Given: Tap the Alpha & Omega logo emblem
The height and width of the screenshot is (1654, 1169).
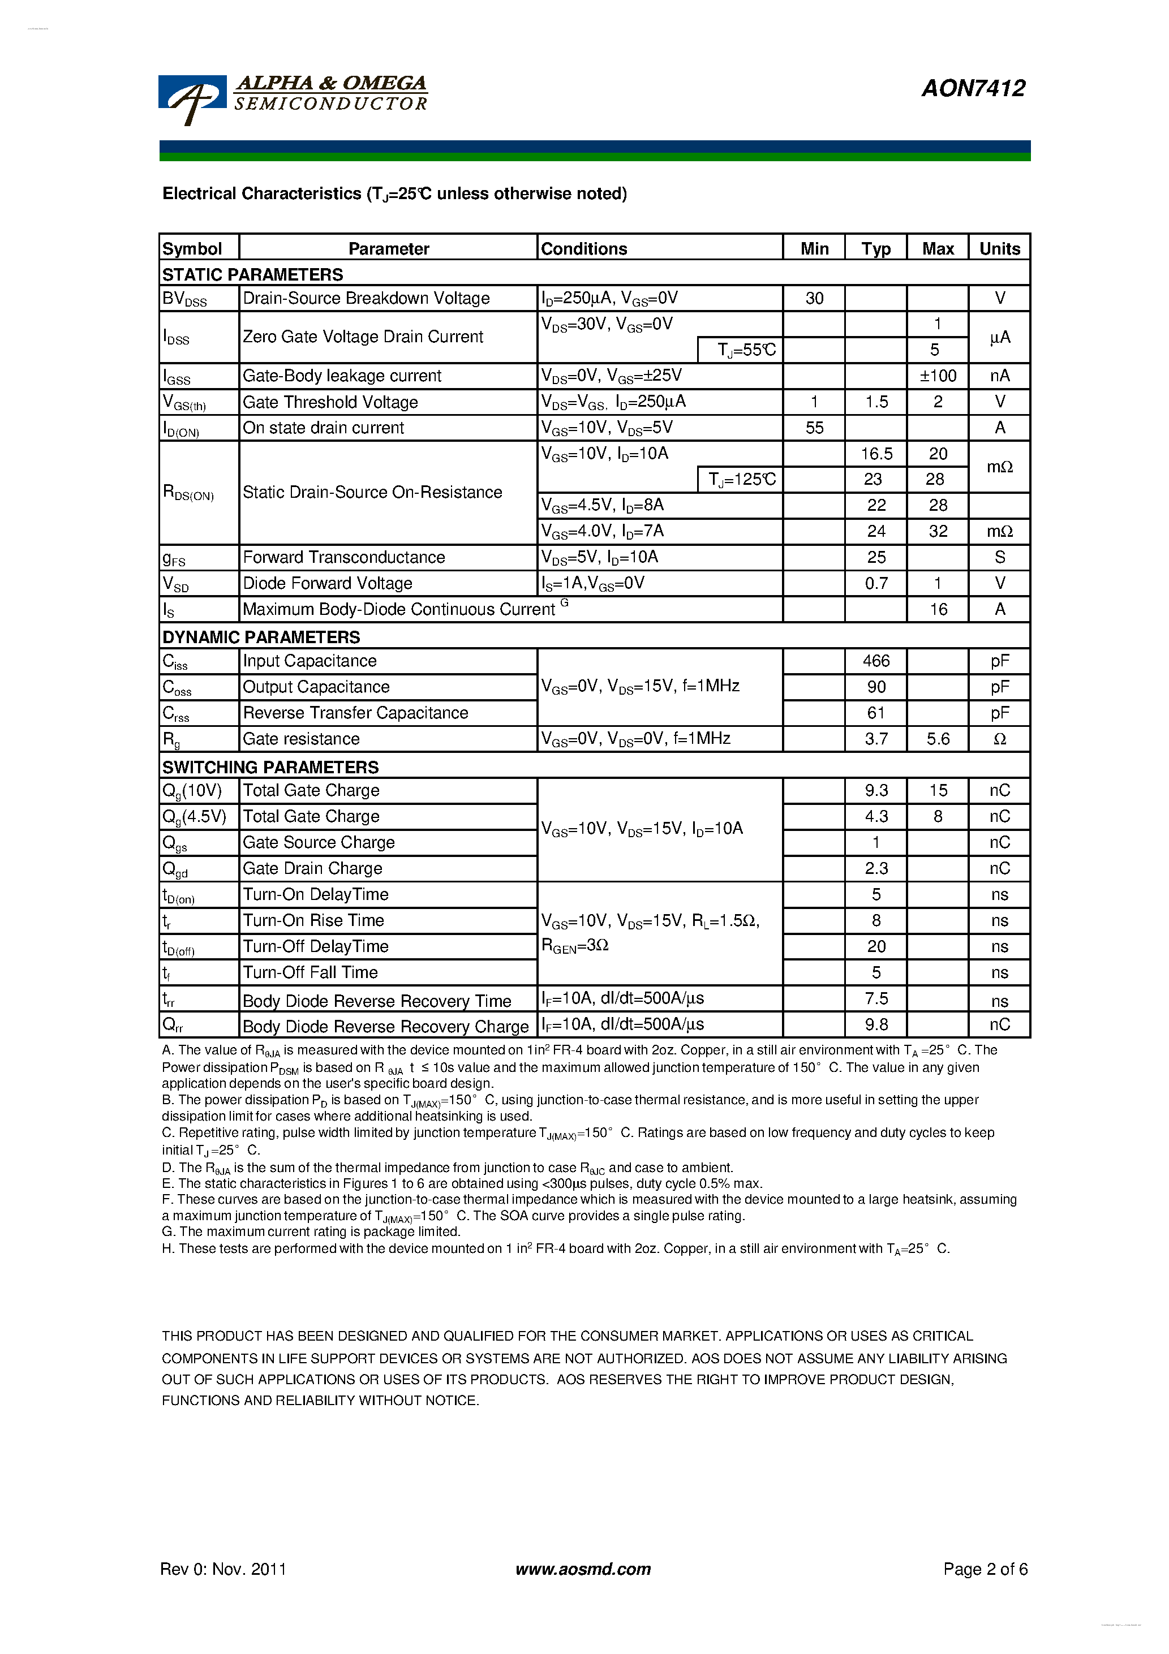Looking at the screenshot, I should pyautogui.click(x=192, y=98).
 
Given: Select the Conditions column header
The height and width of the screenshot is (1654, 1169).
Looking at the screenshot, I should pyautogui.click(x=584, y=248).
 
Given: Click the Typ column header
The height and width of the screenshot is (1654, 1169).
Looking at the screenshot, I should pyautogui.click(x=876, y=248).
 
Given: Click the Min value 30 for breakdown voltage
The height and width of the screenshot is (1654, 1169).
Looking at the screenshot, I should pyautogui.click(x=814, y=298).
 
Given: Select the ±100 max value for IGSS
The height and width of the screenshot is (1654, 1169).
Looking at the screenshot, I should pyautogui.click(x=938, y=376).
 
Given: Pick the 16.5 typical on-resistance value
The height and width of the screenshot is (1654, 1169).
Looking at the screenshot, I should pyautogui.click(x=876, y=454).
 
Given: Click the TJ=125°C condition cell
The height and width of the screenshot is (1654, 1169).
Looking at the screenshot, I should pyautogui.click(x=741, y=480).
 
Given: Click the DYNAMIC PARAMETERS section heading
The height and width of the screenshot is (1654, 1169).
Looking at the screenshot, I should pyautogui.click(x=261, y=638).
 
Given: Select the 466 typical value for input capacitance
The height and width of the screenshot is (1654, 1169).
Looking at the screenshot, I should pyautogui.click(x=876, y=661).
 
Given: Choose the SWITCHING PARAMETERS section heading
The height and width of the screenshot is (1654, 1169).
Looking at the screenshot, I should pyautogui.click(x=270, y=767).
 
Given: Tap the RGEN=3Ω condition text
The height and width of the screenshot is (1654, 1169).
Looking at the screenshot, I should pyautogui.click(x=575, y=946).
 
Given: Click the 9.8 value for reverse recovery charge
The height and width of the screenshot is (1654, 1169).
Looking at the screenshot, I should pyautogui.click(x=876, y=1024).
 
